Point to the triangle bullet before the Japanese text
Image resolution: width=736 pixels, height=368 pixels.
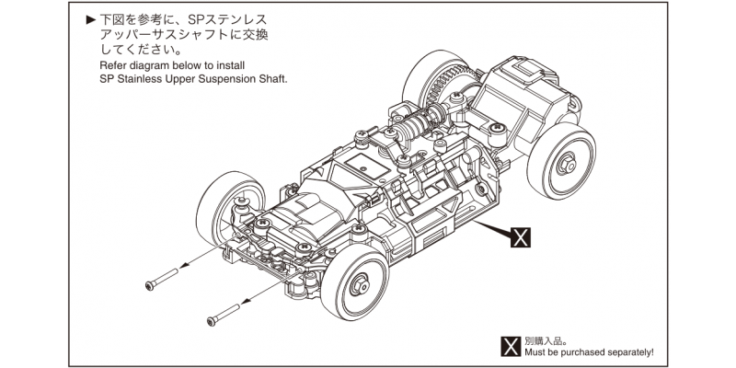tap(90, 19)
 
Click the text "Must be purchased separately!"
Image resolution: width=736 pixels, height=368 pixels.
tap(588, 351)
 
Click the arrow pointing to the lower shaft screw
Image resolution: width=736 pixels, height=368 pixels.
tap(245, 300)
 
